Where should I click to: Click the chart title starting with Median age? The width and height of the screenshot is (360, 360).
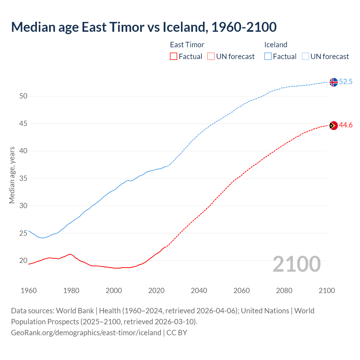click(144, 27)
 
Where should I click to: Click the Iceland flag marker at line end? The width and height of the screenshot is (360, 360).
click(333, 82)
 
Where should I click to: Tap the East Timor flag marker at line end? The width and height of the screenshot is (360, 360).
click(333, 125)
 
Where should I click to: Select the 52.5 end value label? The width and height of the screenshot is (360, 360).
click(346, 82)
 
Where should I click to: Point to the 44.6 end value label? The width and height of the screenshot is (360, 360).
click(346, 125)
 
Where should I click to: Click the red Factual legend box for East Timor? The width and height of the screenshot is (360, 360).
click(174, 57)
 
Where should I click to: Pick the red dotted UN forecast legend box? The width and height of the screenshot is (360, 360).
click(211, 57)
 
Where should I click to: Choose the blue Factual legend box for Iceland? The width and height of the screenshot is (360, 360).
click(268, 57)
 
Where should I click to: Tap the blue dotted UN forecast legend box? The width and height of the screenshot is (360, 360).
click(305, 57)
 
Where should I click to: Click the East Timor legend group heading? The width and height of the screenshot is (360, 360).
click(187, 45)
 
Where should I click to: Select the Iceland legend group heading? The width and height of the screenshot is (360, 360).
click(276, 45)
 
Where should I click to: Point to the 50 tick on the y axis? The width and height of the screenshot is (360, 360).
click(23, 96)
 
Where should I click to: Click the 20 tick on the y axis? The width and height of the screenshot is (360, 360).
click(23, 261)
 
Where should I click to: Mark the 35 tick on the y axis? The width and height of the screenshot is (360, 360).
click(23, 179)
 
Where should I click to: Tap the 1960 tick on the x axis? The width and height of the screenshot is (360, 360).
click(29, 291)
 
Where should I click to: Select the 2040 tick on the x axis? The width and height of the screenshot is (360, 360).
click(199, 291)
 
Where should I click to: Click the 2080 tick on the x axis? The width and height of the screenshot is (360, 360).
click(284, 291)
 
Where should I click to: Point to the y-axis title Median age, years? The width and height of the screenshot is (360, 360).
click(12, 175)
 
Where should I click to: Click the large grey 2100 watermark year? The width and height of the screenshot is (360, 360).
click(296, 264)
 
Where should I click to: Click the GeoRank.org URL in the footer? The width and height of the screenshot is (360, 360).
click(86, 333)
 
